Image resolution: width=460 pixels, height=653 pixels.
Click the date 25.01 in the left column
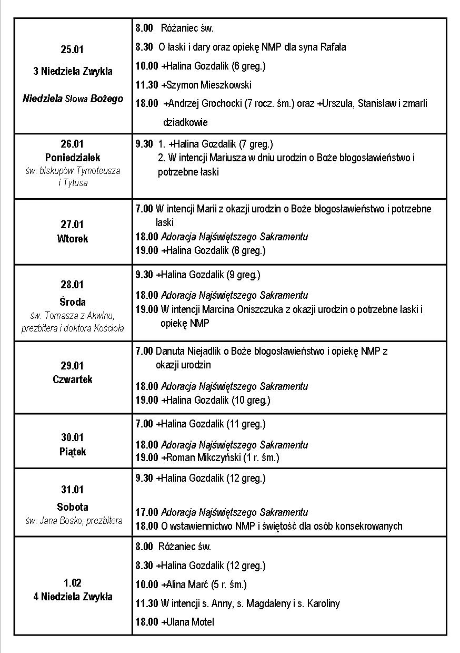(72, 50)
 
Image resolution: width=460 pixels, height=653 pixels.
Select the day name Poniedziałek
(73, 158)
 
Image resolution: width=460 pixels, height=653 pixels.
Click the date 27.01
(72, 225)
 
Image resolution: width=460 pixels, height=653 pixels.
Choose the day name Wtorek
(73, 239)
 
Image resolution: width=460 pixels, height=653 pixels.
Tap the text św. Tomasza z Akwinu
(73, 315)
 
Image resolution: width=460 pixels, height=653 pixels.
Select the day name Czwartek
(73, 379)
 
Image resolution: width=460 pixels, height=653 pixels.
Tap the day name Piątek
(73, 452)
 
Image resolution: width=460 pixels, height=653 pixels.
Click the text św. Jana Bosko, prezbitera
(74, 521)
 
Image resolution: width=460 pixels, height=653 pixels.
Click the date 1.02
(73, 583)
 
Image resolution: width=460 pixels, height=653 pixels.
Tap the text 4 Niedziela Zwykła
(73, 597)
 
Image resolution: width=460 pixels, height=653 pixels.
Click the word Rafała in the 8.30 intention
(333, 47)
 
